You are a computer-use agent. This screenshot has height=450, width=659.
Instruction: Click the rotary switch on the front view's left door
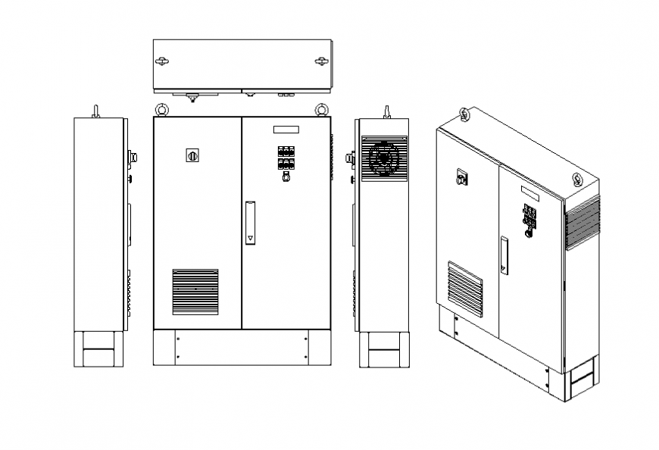[x=192, y=155]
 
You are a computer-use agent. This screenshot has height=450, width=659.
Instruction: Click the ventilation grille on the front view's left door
[x=195, y=292]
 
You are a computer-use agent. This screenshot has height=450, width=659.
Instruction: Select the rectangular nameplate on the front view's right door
[x=286, y=130]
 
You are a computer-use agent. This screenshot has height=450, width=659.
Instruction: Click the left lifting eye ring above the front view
[x=161, y=110]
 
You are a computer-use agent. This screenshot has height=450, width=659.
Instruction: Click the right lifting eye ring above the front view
[x=322, y=110]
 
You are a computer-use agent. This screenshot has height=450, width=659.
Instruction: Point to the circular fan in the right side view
[x=384, y=159]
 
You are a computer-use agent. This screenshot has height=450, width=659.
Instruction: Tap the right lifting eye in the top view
[x=322, y=61]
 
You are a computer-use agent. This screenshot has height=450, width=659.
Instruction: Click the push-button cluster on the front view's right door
[x=286, y=157]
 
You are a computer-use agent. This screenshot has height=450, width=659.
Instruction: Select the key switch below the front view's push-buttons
[x=286, y=178]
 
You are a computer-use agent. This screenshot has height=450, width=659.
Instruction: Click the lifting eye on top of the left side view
[x=96, y=111]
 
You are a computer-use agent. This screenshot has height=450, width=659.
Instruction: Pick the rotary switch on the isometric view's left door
[x=461, y=179]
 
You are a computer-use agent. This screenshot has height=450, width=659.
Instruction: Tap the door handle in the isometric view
[x=504, y=255]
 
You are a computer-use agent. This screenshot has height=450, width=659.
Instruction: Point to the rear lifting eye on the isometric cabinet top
[x=464, y=114]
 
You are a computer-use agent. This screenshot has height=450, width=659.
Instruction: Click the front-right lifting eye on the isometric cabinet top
[x=578, y=180]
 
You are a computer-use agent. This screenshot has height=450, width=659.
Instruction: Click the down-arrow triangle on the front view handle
[x=251, y=238]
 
